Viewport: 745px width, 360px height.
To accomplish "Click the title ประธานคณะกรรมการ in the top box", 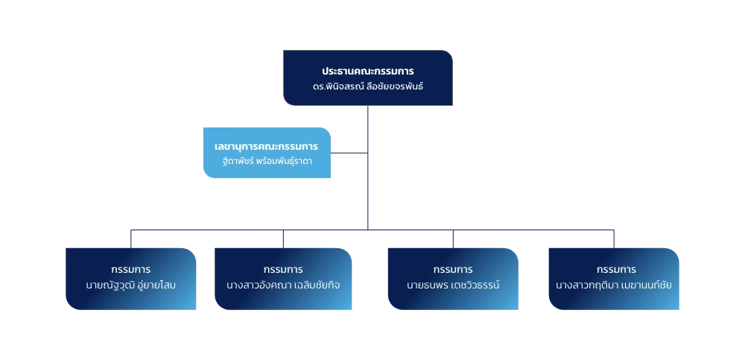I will [x=367, y=72].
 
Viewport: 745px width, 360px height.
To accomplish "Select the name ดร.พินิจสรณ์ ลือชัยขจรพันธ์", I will [x=367, y=87].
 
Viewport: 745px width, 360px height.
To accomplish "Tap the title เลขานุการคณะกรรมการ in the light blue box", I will [x=266, y=146].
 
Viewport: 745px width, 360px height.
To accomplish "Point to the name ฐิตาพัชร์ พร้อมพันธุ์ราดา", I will [x=266, y=160].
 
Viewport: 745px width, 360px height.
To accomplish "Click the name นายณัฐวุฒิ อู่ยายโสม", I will [x=131, y=285].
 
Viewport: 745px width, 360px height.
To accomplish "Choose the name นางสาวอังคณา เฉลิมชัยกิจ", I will [x=283, y=285].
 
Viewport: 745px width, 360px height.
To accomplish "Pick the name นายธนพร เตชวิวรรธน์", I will [x=453, y=285].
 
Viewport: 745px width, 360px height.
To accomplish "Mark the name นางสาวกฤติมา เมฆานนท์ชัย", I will [x=614, y=285].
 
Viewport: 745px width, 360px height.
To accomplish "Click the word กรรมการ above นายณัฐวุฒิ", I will [x=131, y=269].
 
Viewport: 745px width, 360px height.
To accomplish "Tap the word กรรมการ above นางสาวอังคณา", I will [x=283, y=269].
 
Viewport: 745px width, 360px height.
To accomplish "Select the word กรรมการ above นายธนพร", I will [x=453, y=269].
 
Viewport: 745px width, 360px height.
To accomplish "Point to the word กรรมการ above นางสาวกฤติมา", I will [x=614, y=269].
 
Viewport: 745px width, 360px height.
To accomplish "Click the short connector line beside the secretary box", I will [x=348, y=153].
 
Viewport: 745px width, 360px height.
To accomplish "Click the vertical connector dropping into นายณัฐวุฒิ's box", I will [x=131, y=237].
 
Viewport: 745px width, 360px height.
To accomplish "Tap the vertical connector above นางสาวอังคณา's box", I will [x=283, y=237].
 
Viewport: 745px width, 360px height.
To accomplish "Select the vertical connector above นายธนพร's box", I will [x=453, y=237].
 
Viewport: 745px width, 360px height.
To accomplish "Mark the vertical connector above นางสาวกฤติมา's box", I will [x=614, y=237].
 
